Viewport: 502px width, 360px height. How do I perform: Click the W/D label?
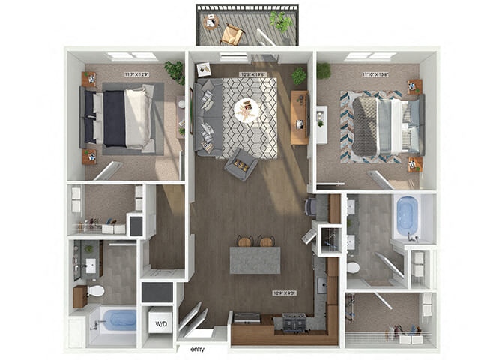tap(160, 325)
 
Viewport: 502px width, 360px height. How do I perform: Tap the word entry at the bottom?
tap(198, 349)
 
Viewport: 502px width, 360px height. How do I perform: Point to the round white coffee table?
tap(247, 111)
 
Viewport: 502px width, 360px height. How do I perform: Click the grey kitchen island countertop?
tap(255, 259)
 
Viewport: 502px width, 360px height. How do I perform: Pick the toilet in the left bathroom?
tap(95, 290)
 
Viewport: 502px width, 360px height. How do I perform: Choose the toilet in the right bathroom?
tap(353, 267)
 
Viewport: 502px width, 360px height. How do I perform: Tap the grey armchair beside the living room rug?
tap(241, 163)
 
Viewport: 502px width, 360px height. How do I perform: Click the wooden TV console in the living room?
tap(299, 118)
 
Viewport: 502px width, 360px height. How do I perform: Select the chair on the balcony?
tap(231, 34)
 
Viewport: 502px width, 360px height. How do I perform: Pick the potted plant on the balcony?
tap(282, 22)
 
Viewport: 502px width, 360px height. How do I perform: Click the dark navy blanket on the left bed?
tap(114, 118)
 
